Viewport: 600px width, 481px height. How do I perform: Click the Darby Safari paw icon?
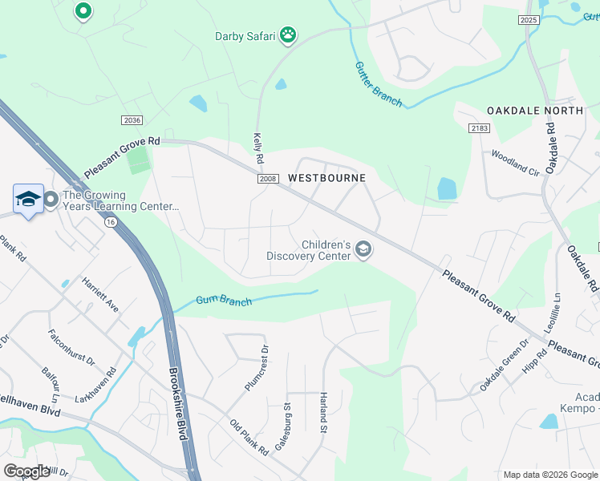tap(288, 35)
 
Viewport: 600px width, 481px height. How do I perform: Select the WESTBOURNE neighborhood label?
tap(326, 178)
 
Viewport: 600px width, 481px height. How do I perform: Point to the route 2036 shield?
tap(132, 119)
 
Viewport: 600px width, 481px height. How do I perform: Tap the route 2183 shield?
tap(479, 128)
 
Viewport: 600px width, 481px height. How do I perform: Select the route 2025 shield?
tap(528, 20)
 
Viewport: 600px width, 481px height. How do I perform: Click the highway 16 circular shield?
tap(110, 221)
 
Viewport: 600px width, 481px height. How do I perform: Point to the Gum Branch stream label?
tap(225, 301)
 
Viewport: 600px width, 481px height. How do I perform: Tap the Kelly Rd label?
tap(258, 148)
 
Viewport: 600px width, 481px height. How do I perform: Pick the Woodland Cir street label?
tap(516, 163)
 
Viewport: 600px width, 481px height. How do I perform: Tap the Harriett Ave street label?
tap(99, 295)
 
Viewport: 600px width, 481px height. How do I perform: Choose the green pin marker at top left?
tap(83, 11)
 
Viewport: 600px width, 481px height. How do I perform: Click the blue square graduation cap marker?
tap(28, 200)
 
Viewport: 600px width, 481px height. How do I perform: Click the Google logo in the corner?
tap(26, 471)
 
